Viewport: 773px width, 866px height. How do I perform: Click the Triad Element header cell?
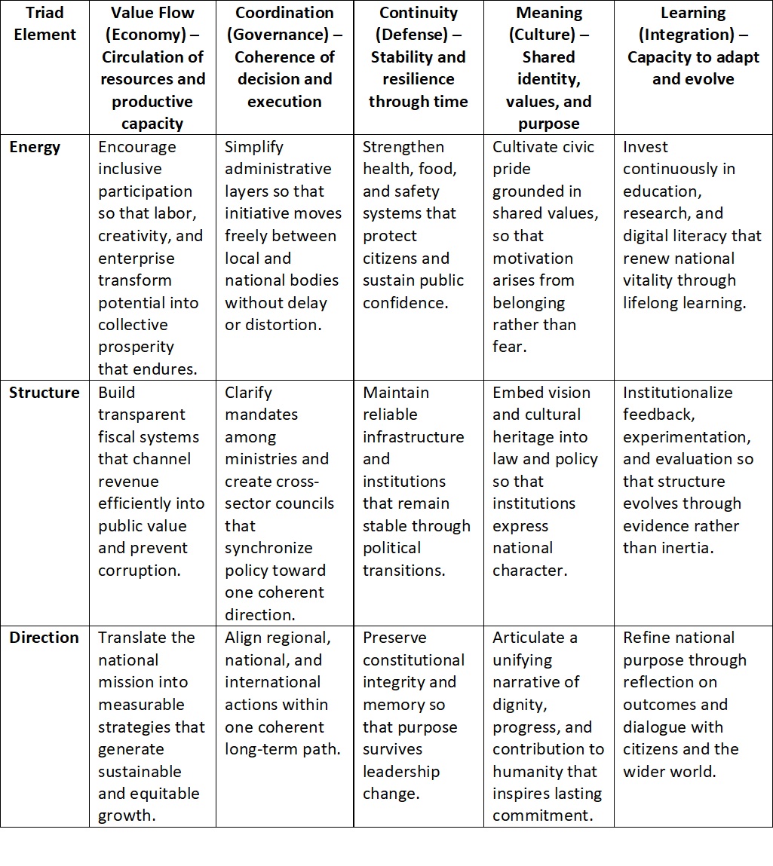pos(45,24)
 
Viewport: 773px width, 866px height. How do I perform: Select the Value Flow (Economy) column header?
pos(152,68)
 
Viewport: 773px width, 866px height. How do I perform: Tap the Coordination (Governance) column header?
pos(284,57)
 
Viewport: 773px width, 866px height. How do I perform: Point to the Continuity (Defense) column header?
pos(418,57)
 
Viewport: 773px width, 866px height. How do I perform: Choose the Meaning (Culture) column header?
pos(548,68)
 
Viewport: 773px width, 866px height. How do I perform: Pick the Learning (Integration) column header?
pos(692,46)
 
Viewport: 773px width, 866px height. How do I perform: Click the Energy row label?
pos(34,147)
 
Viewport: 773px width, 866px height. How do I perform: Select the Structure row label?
pos(44,393)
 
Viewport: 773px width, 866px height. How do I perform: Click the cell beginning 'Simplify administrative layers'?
pos(284,235)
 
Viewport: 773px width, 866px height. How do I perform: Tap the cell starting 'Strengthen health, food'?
pos(418,224)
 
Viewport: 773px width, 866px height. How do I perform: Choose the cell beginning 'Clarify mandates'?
pos(284,503)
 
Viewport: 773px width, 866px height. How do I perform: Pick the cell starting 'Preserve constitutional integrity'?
pos(418,715)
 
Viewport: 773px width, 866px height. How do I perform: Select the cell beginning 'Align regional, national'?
pos(284,693)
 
